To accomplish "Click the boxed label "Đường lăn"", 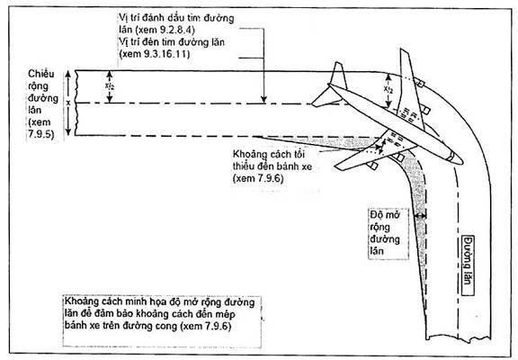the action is [468, 265].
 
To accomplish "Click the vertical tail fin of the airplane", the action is [339, 76].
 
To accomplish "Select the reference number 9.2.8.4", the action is [177, 30].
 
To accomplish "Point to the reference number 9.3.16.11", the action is [167, 54].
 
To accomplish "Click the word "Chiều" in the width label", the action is [41, 74].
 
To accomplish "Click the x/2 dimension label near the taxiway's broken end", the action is [110, 86].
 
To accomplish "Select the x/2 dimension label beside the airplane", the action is [388, 88].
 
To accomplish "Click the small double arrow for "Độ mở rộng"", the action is [421, 216].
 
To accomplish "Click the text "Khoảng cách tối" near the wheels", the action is [269, 155].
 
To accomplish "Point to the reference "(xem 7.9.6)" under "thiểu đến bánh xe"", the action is [258, 178].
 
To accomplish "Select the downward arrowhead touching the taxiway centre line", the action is [263, 99].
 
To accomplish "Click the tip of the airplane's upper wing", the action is [404, 50].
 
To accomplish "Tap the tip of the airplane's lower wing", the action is [337, 166].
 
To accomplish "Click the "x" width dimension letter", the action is [68, 103].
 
